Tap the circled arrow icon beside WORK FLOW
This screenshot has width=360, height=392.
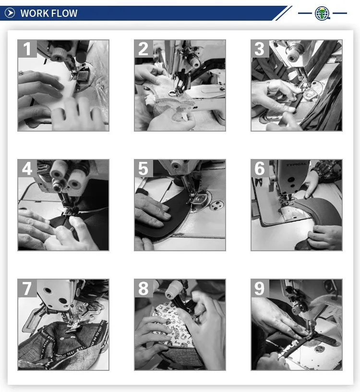(10, 13)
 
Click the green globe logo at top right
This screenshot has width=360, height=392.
(322, 13)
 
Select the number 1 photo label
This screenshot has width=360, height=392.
(27, 49)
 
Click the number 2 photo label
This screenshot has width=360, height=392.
(144, 49)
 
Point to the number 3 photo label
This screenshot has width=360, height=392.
(260, 49)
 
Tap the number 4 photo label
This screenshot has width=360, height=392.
(27, 169)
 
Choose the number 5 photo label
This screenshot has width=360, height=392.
(144, 169)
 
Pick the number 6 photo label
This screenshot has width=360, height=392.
(260, 169)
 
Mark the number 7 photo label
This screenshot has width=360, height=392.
(27, 288)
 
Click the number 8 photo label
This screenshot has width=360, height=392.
(144, 288)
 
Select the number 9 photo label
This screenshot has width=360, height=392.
(260, 288)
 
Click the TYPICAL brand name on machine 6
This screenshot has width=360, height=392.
(296, 164)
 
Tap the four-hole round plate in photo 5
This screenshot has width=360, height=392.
(216, 205)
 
